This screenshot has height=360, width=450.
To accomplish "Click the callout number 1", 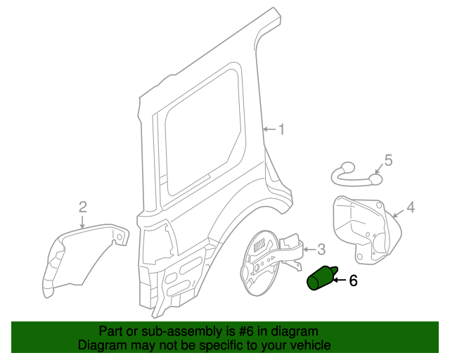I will [281, 129].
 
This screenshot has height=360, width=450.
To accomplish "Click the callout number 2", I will [82, 207].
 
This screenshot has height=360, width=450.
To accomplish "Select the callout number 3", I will [321, 249].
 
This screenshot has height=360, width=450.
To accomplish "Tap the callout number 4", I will [411, 207].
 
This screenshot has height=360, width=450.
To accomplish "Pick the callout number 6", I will [353, 281].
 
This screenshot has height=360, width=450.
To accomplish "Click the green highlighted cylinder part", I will [321, 278].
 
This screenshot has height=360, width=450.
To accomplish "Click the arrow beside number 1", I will [269, 129].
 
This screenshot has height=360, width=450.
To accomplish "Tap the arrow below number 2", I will [82, 221].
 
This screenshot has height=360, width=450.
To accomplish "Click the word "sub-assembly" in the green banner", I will [167, 331].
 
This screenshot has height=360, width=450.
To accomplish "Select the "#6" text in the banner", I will [236, 331].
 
